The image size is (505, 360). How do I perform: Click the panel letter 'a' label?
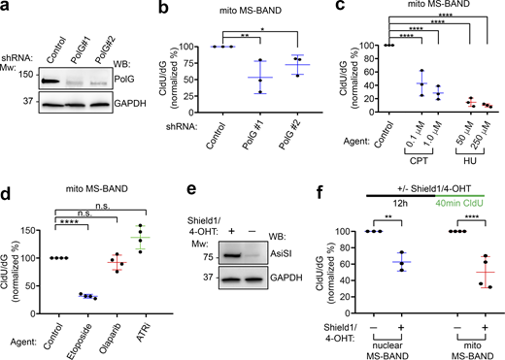point(7,8)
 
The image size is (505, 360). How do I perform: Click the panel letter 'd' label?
point(7,189)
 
